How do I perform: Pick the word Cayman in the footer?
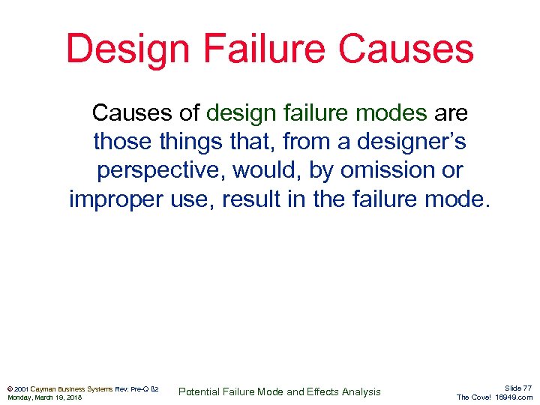pyautogui.click(x=44, y=388)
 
